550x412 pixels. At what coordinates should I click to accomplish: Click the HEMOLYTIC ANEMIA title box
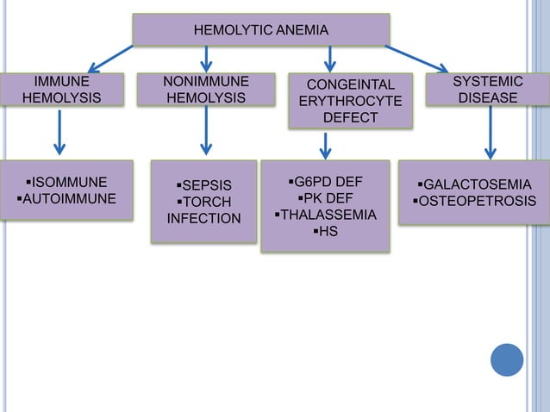coord(260,30)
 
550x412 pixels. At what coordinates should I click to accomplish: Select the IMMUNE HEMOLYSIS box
coord(61,90)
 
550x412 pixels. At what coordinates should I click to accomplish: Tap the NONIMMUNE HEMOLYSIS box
coord(206,90)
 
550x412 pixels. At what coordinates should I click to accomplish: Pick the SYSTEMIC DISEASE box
coord(488,90)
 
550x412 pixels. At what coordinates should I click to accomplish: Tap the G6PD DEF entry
coord(325,182)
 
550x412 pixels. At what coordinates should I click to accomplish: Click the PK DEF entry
coord(325,198)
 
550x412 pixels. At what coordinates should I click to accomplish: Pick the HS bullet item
coord(325,231)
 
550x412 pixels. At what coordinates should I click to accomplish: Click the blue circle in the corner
coord(507,359)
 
